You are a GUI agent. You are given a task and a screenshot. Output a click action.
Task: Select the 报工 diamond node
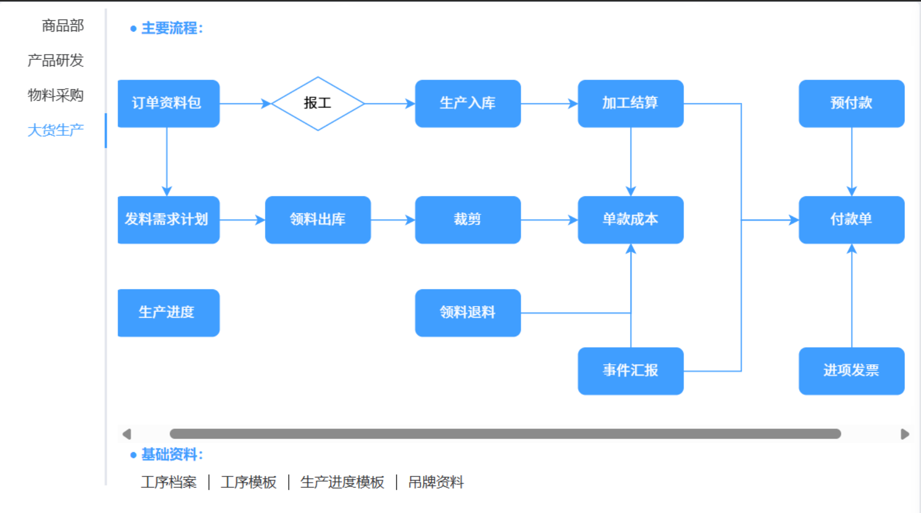(317, 103)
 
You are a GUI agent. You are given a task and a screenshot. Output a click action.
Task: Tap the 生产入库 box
(467, 103)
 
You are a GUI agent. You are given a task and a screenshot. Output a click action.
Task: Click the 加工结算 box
(630, 103)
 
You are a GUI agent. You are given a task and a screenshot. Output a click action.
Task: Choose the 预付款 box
(851, 103)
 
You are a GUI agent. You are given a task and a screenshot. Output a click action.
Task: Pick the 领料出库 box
(317, 220)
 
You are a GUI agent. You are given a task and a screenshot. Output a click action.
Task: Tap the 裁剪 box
(467, 220)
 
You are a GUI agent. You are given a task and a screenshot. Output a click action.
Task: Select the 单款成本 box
(630, 220)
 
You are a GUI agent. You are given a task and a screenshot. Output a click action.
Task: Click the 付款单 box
(851, 220)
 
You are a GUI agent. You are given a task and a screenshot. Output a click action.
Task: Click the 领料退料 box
(467, 313)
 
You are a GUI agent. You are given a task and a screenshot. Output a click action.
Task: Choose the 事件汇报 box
(630, 371)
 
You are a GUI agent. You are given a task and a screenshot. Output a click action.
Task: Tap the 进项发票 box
(851, 371)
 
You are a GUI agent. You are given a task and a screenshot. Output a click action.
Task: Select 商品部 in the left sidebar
(63, 25)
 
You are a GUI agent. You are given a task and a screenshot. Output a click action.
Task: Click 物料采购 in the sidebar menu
(55, 95)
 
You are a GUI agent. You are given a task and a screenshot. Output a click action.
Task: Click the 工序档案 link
(168, 482)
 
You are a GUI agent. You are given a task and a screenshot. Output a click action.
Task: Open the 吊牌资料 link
(436, 482)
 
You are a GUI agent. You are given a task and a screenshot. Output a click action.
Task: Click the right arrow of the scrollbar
(904, 434)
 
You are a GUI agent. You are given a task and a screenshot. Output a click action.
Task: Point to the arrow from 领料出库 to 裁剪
(393, 220)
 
